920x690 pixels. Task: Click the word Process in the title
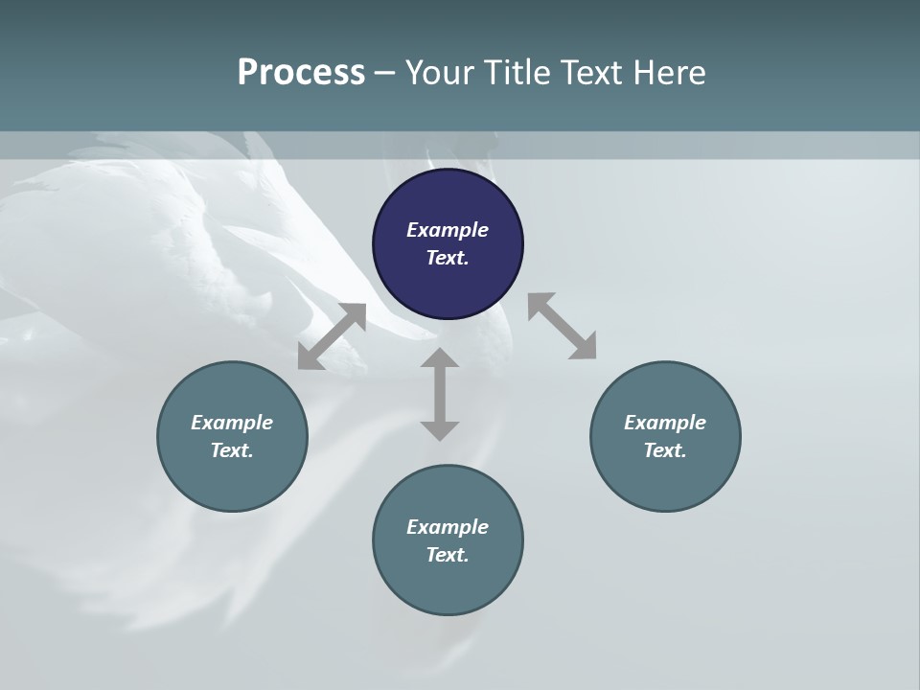(x=301, y=73)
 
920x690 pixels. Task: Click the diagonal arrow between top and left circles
(x=332, y=336)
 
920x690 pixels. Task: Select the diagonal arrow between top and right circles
(x=562, y=326)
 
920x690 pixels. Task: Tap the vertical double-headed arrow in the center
(x=440, y=394)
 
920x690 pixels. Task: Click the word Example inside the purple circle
(x=448, y=230)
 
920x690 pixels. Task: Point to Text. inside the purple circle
(x=448, y=258)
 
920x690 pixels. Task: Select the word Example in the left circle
(x=232, y=423)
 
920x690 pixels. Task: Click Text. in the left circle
(x=232, y=450)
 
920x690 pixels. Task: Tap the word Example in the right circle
(x=665, y=423)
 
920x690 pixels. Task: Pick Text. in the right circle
(x=665, y=450)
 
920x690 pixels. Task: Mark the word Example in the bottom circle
(x=448, y=527)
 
